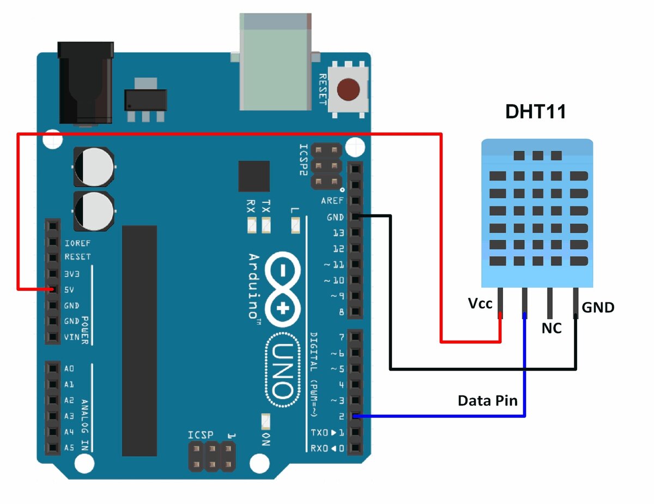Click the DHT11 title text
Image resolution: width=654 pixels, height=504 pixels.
[536, 112]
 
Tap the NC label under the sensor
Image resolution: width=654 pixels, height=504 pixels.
[551, 329]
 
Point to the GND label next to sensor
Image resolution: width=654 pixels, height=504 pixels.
[598, 307]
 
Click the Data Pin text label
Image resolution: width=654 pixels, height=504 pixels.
[487, 400]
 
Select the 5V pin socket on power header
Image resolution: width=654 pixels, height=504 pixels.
[52, 289]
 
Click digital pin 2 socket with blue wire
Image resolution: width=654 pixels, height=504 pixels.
[355, 417]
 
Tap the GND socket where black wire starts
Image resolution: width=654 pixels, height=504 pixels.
[355, 217]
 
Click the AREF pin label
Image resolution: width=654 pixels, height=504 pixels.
[332, 201]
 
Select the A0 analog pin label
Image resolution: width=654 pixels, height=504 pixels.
[69, 369]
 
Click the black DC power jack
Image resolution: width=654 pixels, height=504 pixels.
[86, 84]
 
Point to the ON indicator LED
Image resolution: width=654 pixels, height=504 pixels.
[265, 422]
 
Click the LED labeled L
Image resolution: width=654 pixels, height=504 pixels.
[296, 223]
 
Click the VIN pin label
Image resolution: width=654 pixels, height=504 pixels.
[71, 337]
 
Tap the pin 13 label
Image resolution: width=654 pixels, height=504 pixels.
[338, 233]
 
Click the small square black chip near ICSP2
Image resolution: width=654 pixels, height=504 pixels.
[254, 177]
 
